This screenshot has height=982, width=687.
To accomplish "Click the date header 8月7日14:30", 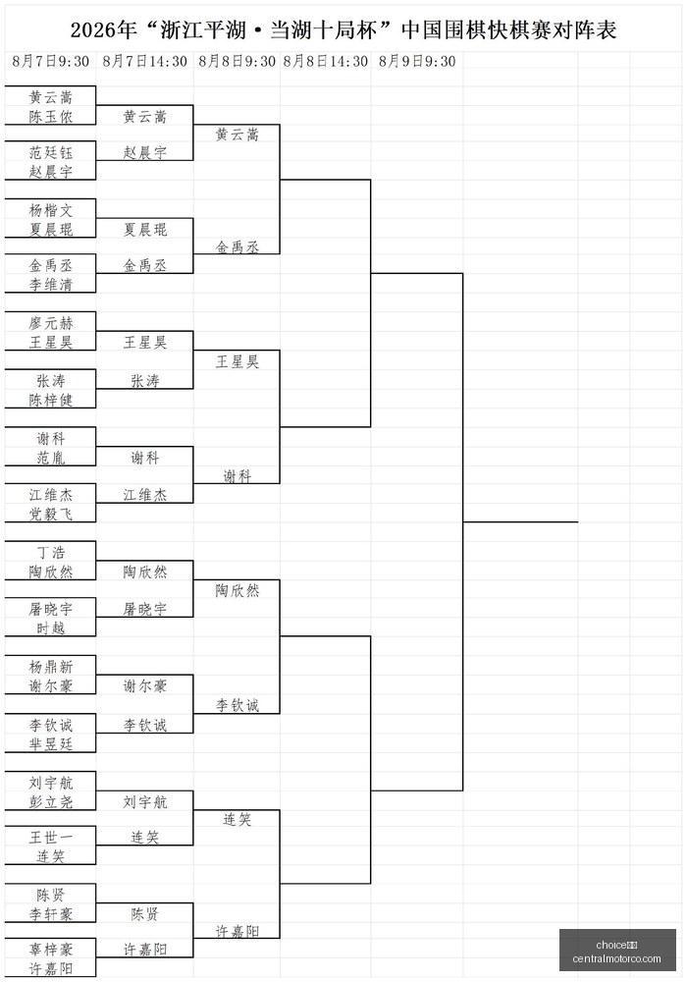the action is point(144,61).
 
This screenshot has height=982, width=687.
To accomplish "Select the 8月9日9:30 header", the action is point(417,61).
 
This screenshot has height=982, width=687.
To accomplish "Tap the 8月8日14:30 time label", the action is point(326,61).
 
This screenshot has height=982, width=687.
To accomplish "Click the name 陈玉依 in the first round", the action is point(51,117).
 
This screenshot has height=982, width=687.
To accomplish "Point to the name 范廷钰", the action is point(51,152).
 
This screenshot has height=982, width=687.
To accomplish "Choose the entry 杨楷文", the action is point(51,210).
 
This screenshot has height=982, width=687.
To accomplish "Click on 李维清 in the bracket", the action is point(51,285).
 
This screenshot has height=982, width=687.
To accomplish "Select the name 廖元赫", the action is point(51,322).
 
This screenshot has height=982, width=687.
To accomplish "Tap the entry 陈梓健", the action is point(51,400).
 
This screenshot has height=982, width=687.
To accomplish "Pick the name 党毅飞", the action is point(51,514).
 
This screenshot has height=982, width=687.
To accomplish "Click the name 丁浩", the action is point(51,552).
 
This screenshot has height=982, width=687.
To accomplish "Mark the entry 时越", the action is point(51,627).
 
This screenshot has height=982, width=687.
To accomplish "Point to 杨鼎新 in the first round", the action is point(51,667).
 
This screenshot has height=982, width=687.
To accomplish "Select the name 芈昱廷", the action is point(51,744).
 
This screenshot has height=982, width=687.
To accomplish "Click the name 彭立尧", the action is point(51,801).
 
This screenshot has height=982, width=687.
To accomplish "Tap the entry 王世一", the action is point(51,837).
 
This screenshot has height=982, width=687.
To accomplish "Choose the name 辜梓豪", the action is point(51,950).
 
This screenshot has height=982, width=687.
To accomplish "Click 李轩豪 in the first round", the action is point(51,913).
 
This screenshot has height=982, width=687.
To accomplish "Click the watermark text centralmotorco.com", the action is point(616,958).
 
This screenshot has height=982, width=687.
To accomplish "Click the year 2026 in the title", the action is point(91,30).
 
